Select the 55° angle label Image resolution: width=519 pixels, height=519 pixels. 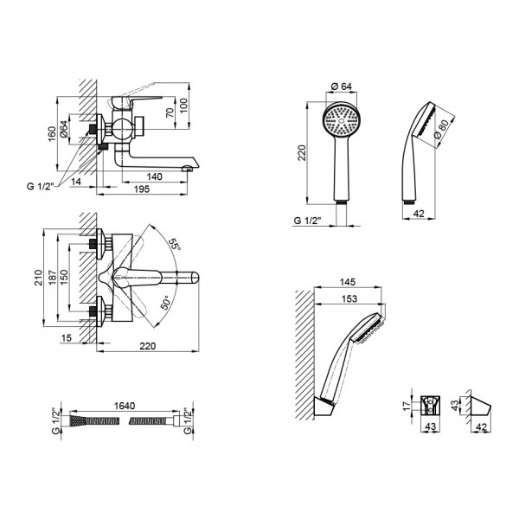coord(176,245)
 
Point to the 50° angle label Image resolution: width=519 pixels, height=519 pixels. coord(165,304)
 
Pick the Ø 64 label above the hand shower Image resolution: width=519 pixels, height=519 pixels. coord(339,86)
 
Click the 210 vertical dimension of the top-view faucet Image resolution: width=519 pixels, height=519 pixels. coord(40,279)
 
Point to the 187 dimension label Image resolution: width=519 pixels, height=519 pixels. coord(55,279)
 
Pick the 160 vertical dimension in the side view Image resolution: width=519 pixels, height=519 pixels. coord(53,132)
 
